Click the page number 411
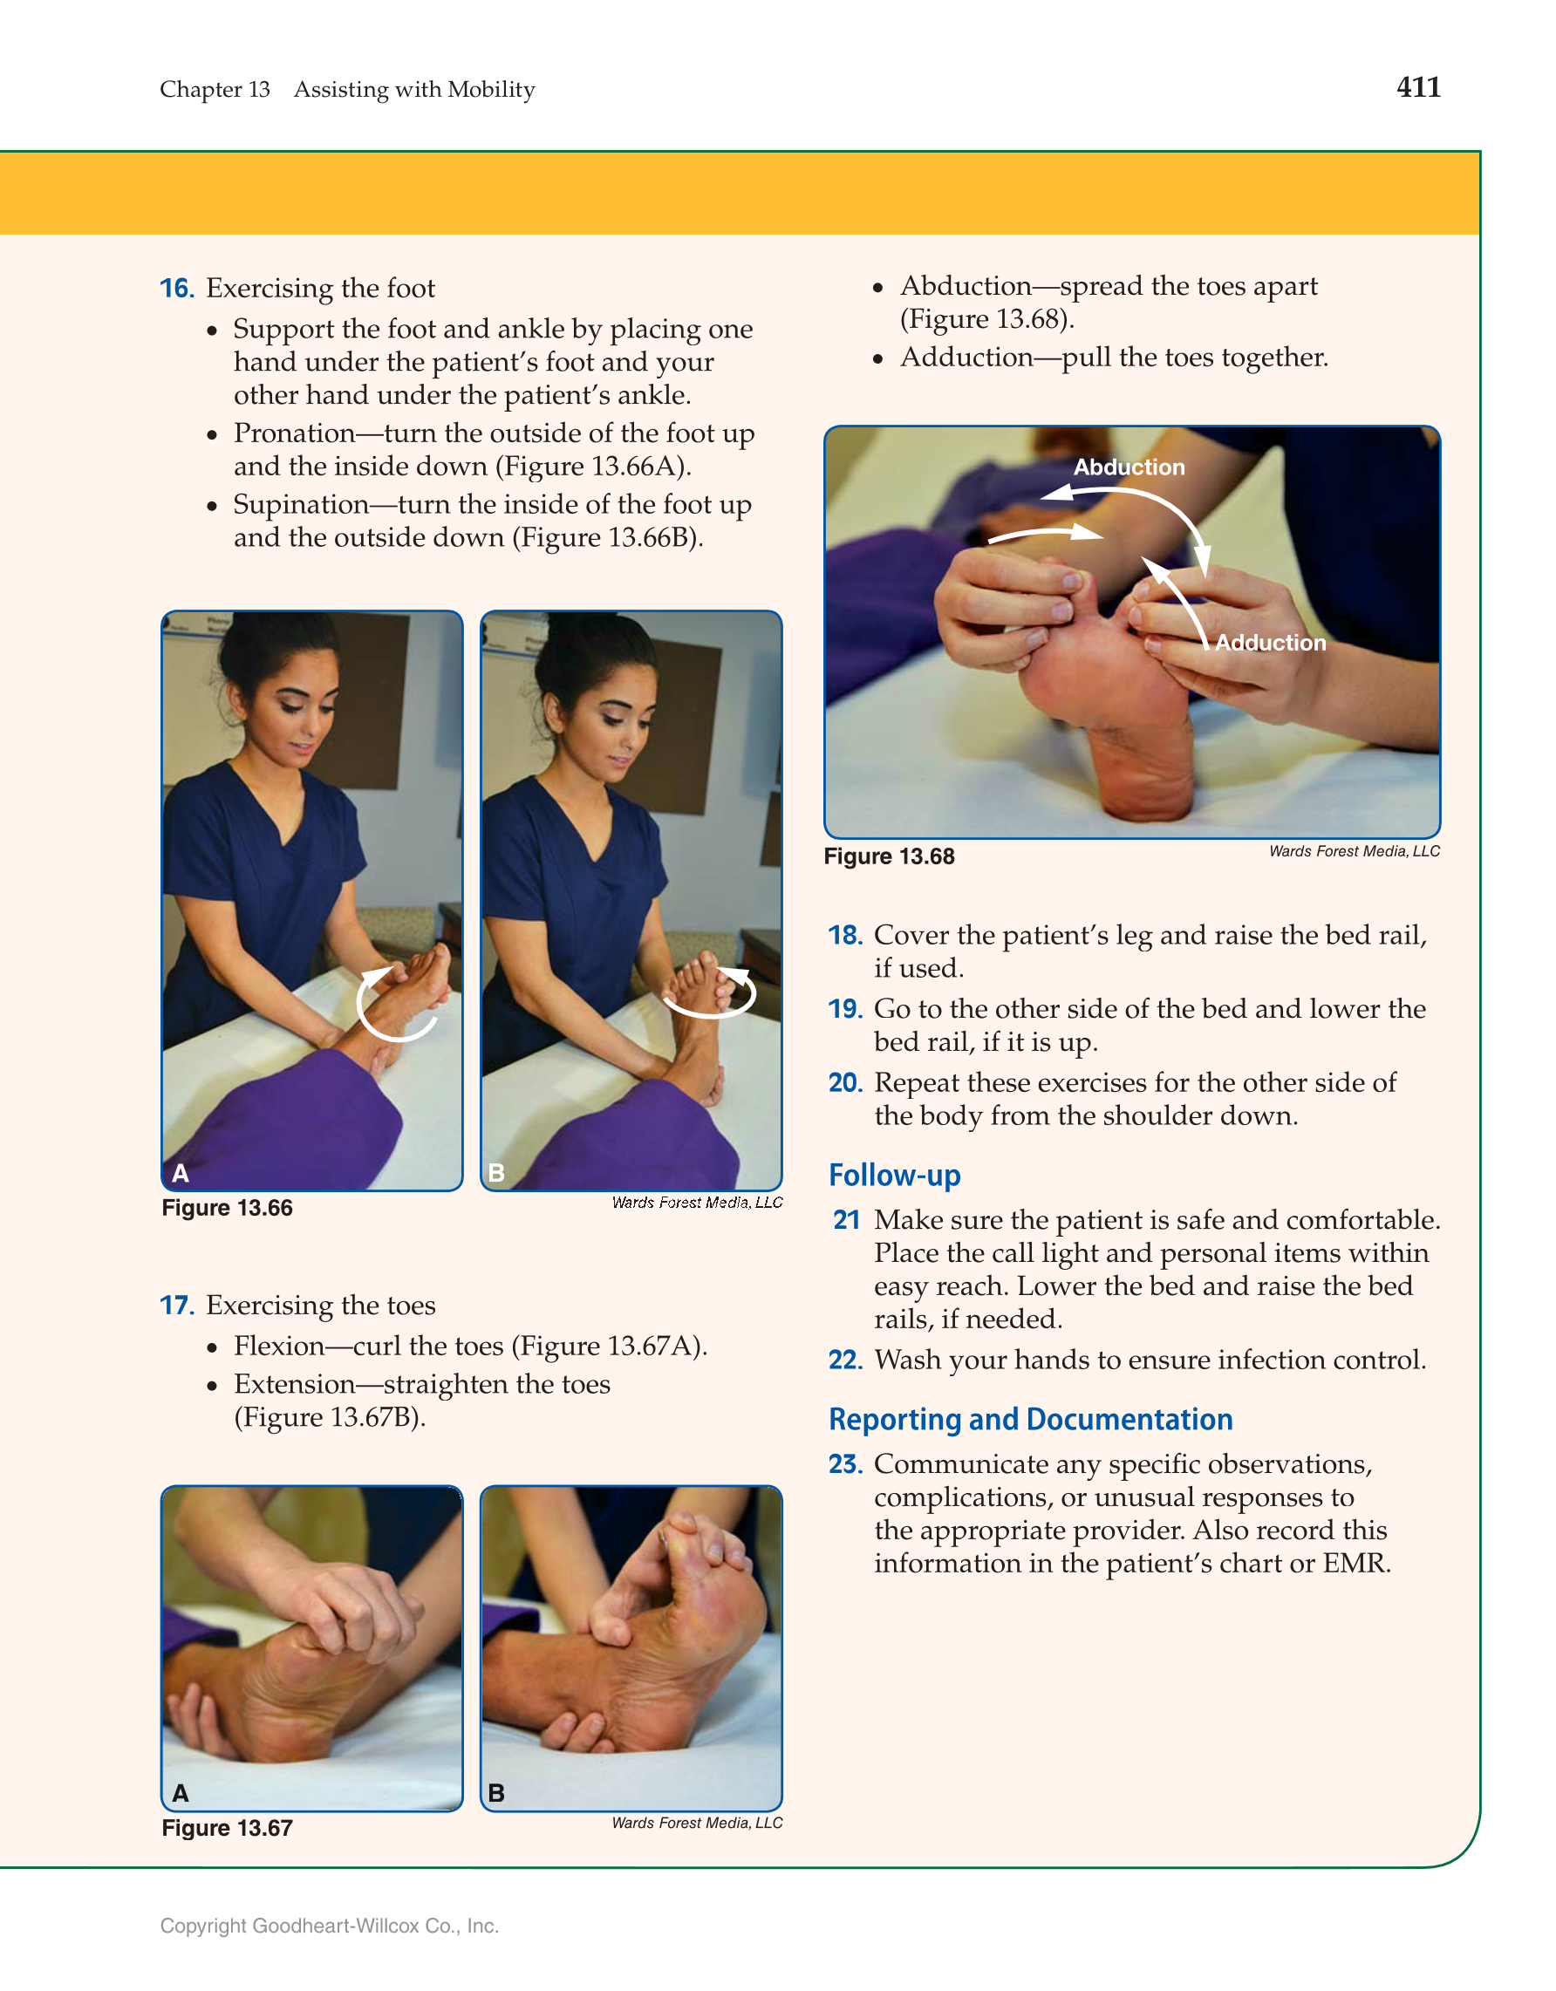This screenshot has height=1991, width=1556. [x=1418, y=87]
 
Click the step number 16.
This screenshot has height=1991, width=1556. [x=177, y=289]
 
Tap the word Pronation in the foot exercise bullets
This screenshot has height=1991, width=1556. [x=295, y=433]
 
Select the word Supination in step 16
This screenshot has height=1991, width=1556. [x=301, y=504]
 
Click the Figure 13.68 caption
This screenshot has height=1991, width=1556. [x=889, y=856]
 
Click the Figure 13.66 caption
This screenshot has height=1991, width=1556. [x=227, y=1208]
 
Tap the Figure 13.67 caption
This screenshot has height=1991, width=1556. [x=227, y=1828]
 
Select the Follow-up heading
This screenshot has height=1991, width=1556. [x=894, y=1176]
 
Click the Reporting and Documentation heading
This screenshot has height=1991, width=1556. [x=1030, y=1420]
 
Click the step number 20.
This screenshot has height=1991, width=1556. [x=845, y=1083]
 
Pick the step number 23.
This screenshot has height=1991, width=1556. [x=845, y=1464]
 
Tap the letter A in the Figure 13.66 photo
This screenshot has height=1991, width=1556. [x=181, y=1173]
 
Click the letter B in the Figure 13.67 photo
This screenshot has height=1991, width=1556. [x=496, y=1793]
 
